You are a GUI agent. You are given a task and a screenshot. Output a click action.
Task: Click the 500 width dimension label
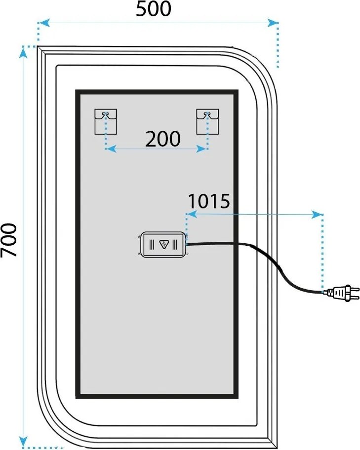[x=154, y=9]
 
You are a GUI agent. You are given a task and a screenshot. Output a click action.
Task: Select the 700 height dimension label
[x=9, y=240]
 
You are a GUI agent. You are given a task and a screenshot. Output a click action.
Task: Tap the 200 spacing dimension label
[x=163, y=139]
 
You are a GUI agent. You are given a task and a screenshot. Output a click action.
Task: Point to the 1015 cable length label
[x=209, y=201]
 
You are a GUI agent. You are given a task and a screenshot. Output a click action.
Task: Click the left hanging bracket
[x=106, y=121]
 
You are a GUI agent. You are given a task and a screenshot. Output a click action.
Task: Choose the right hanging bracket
[x=207, y=121]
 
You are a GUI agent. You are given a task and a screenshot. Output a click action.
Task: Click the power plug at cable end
[x=344, y=293]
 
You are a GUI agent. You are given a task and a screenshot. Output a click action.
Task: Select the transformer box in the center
[x=163, y=245]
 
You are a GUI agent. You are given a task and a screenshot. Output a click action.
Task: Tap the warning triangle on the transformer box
[x=164, y=245]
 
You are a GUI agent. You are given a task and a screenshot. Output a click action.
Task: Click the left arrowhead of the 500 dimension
[x=44, y=23]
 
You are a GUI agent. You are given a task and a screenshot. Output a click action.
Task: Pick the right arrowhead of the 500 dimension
[x=272, y=23]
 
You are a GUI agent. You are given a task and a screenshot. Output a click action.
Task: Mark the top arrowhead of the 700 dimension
[x=23, y=52]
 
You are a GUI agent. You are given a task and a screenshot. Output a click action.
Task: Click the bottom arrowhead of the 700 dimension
[x=23, y=442]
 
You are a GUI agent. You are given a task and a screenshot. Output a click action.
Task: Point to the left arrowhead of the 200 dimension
[x=111, y=149]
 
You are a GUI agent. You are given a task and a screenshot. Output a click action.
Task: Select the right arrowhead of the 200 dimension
[x=201, y=149]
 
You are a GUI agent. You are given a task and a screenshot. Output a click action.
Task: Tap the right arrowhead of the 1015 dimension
[x=317, y=214]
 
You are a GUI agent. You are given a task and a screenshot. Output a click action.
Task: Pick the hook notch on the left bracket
[x=106, y=114]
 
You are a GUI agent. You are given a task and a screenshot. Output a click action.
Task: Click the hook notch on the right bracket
[x=207, y=114]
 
